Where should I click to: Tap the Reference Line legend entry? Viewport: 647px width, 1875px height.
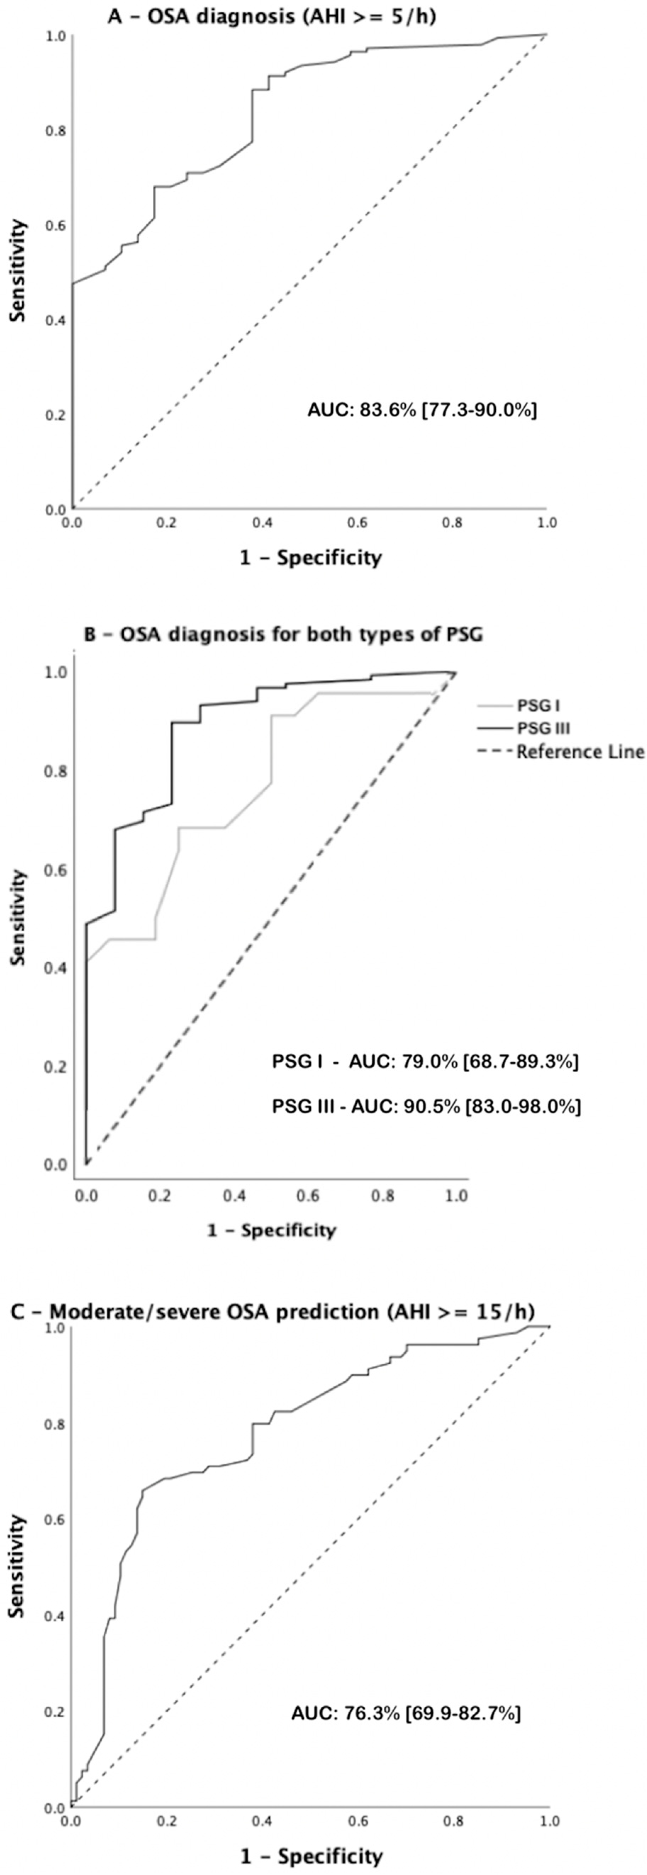pyautogui.click(x=561, y=752)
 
